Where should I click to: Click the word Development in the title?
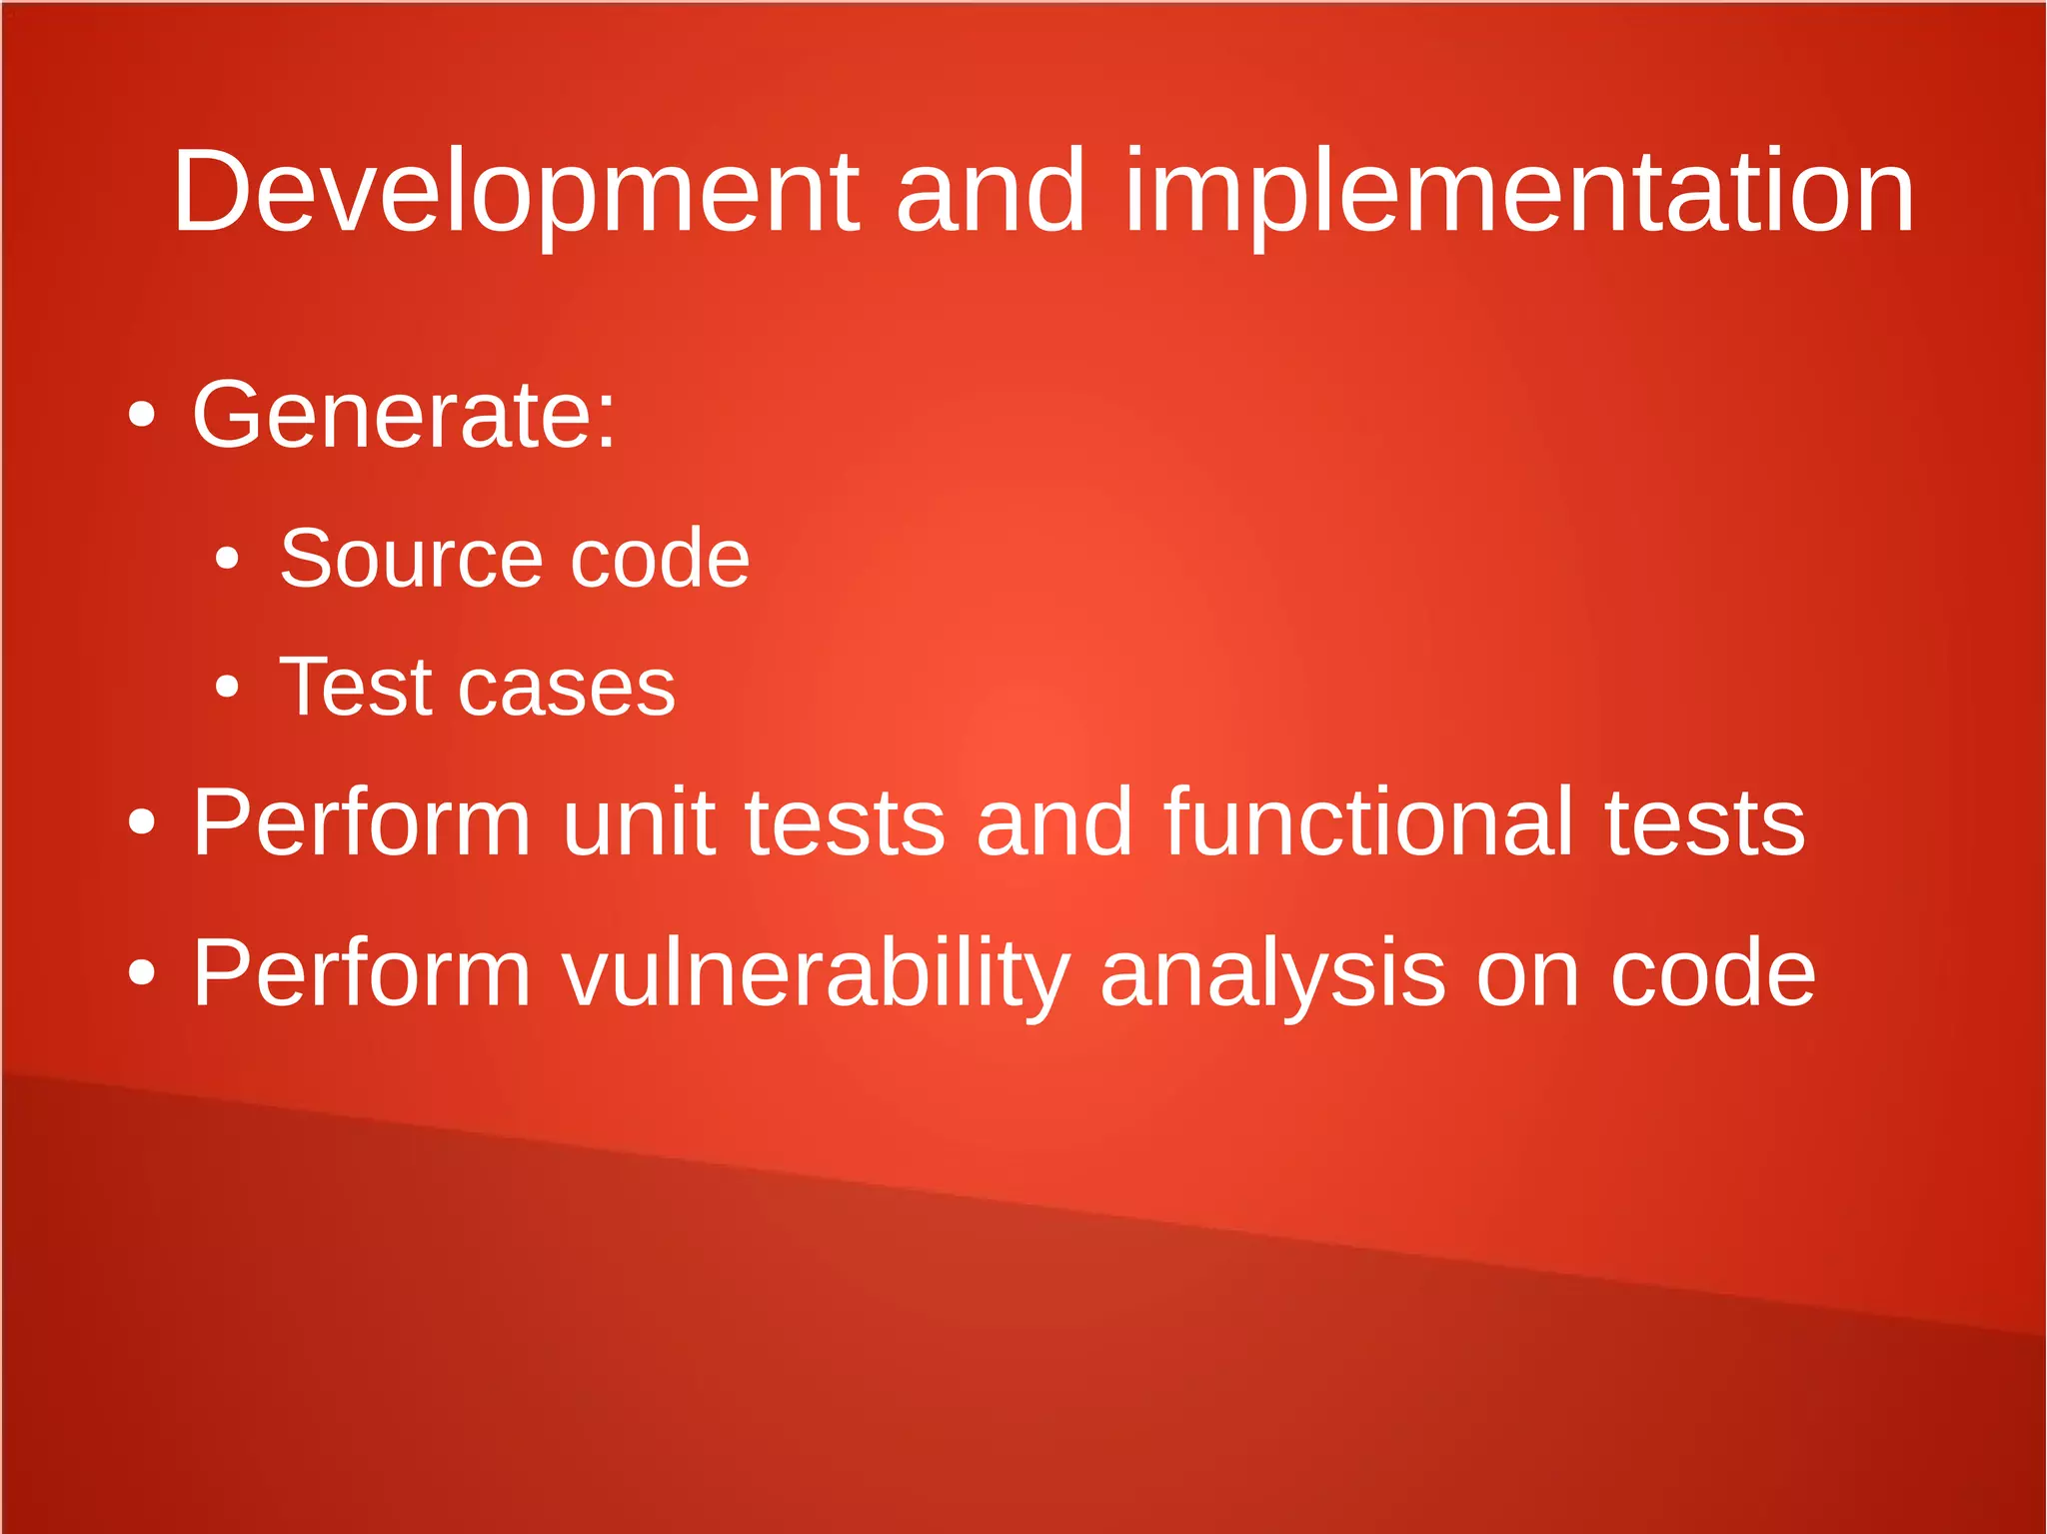[515, 192]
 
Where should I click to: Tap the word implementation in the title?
[1519, 192]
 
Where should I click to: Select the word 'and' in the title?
[991, 192]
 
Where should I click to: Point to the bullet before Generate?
[142, 415]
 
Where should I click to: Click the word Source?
[411, 558]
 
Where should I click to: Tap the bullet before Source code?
[228, 559]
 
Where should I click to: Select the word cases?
[566, 688]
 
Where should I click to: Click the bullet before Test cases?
[228, 688]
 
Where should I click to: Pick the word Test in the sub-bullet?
[356, 688]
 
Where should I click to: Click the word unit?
[639, 822]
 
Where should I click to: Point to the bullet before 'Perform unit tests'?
[142, 822]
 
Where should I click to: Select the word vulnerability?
[816, 973]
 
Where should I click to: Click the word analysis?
[1271, 973]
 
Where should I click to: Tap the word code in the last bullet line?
[1712, 973]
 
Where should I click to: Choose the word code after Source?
[660, 558]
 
